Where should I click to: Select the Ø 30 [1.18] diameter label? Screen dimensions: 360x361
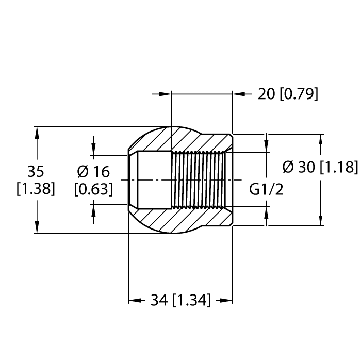(320, 167)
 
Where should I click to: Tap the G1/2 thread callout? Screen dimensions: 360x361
(267, 190)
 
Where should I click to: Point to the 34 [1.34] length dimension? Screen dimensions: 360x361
(180, 300)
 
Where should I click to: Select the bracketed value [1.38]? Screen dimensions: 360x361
(36, 189)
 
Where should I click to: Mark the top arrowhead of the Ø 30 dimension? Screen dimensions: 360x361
(322, 140)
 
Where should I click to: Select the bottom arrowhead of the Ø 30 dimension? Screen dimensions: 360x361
(322, 220)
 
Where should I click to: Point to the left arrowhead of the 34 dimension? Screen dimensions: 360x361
(134, 300)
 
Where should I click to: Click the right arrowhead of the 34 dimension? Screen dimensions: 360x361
(226, 300)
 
